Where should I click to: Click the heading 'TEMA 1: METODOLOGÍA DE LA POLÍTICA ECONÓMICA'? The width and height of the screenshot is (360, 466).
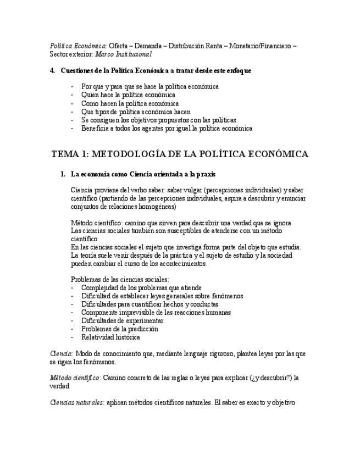click(x=180, y=154)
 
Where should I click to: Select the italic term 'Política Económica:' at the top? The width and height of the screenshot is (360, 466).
click(x=79, y=46)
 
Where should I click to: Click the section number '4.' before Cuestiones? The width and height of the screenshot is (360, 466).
click(x=53, y=71)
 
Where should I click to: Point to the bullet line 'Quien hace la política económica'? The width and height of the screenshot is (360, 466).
click(x=128, y=95)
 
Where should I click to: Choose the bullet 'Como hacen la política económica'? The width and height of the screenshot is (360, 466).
click(x=130, y=103)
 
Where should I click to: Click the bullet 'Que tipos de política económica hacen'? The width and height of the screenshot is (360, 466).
click(x=136, y=112)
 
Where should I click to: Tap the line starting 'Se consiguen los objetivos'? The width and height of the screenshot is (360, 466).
click(x=158, y=120)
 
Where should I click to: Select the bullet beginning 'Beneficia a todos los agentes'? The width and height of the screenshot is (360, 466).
click(x=167, y=128)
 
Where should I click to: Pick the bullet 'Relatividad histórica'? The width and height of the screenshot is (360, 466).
click(x=110, y=337)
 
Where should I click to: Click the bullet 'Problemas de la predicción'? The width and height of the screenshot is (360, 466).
click(x=119, y=329)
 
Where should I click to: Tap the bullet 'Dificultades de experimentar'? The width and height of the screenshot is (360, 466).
click(x=122, y=320)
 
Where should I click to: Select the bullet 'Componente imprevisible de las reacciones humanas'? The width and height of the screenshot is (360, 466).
click(x=156, y=312)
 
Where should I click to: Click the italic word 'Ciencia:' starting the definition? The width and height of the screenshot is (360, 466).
click(x=62, y=354)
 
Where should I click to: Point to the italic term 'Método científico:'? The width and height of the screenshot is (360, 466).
click(x=75, y=378)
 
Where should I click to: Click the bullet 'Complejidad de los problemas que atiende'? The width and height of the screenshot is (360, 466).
click(x=141, y=287)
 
